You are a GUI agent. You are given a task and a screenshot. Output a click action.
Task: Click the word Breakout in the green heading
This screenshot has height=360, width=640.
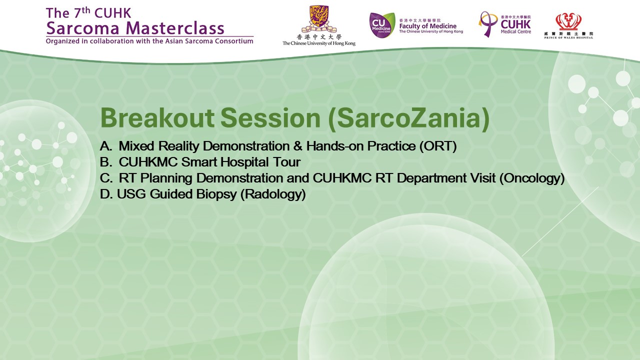pyautogui.click(x=157, y=118)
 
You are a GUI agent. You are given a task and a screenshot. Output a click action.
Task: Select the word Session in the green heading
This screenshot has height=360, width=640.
pyautogui.click(x=270, y=118)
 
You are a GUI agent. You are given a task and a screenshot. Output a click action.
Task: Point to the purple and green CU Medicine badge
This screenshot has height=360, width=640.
pyautogui.click(x=382, y=25)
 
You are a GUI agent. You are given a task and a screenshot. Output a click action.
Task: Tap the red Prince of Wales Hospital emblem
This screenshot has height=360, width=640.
pyautogui.click(x=568, y=22)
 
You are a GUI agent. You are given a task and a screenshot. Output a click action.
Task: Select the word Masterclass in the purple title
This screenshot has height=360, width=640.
pyautogui.click(x=175, y=28)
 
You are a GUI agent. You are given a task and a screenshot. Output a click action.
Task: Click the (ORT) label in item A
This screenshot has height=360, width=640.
pyautogui.click(x=438, y=146)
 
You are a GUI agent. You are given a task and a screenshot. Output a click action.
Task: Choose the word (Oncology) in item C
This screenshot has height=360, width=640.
pyautogui.click(x=532, y=178)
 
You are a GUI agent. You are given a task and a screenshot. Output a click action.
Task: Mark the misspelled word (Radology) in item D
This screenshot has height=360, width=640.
pyautogui.click(x=273, y=194)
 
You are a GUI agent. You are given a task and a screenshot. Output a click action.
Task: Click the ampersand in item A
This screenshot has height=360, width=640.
pyautogui.click(x=297, y=146)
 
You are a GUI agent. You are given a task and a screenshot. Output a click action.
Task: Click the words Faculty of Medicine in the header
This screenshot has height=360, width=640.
pyautogui.click(x=427, y=26)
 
